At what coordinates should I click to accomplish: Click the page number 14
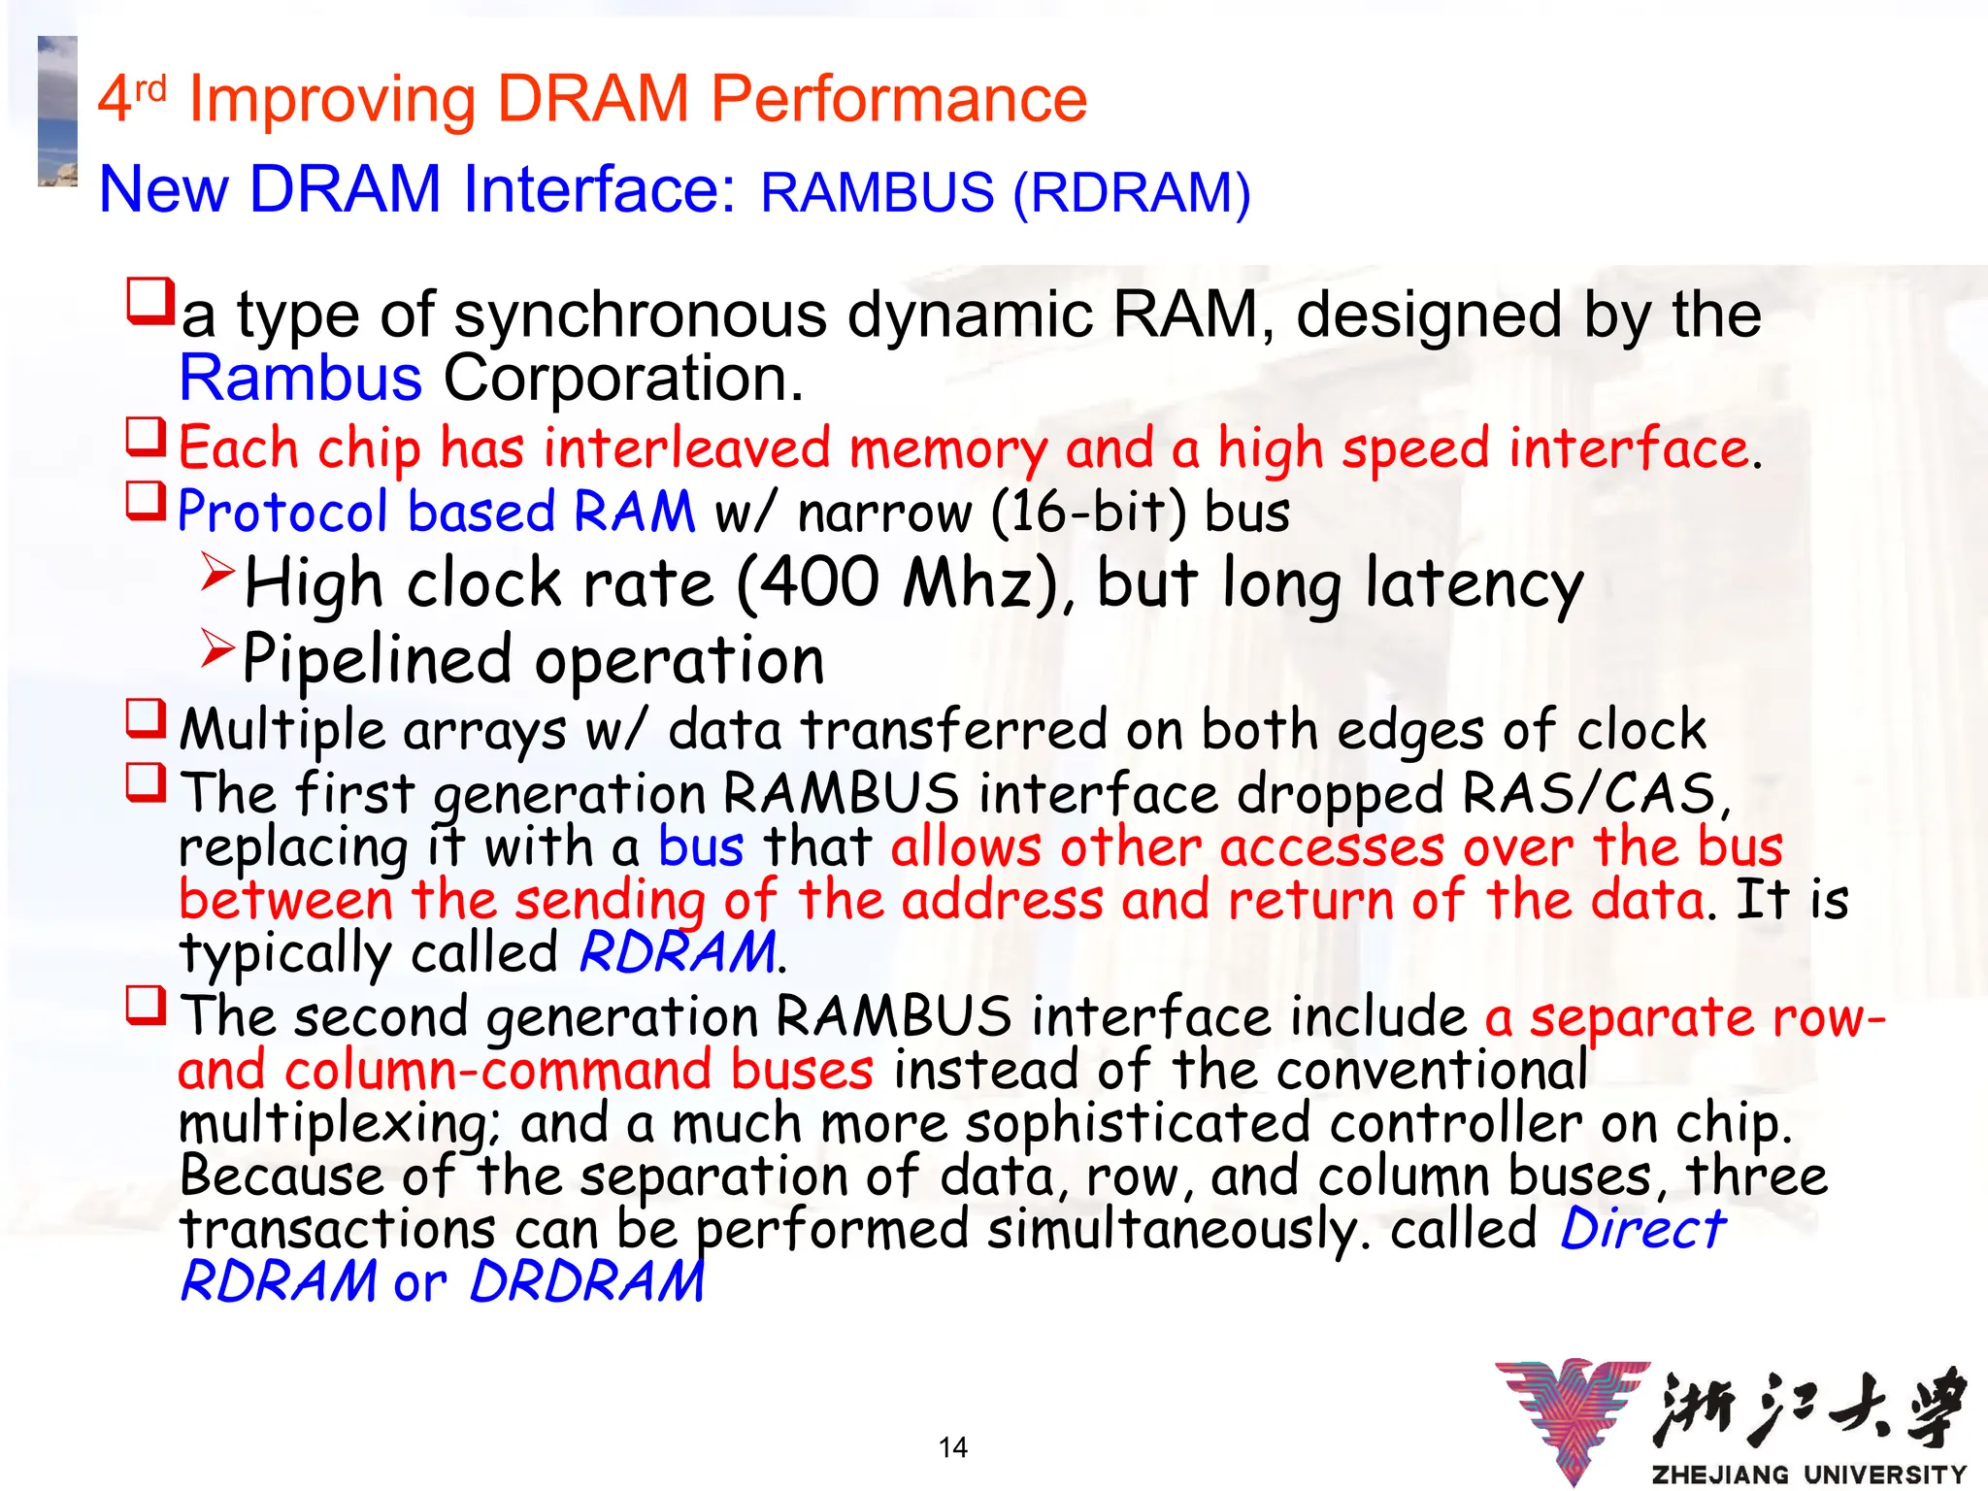[x=953, y=1447]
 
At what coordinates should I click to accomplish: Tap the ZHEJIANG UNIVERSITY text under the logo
[x=1809, y=1474]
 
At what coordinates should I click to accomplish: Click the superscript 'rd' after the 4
[x=150, y=89]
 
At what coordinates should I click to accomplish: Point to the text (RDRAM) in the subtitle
[x=1132, y=192]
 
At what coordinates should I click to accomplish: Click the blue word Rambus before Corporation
[x=301, y=378]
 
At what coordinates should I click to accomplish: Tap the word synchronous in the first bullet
[x=641, y=315]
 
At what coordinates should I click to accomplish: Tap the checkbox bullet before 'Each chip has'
[x=147, y=438]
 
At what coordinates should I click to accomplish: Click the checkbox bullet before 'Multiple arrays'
[x=147, y=719]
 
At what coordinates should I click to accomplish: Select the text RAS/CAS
[x=1590, y=793]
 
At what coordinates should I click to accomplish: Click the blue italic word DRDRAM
[x=587, y=1281]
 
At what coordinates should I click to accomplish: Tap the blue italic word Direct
[x=1643, y=1229]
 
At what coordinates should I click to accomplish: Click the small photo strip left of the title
[x=57, y=111]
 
